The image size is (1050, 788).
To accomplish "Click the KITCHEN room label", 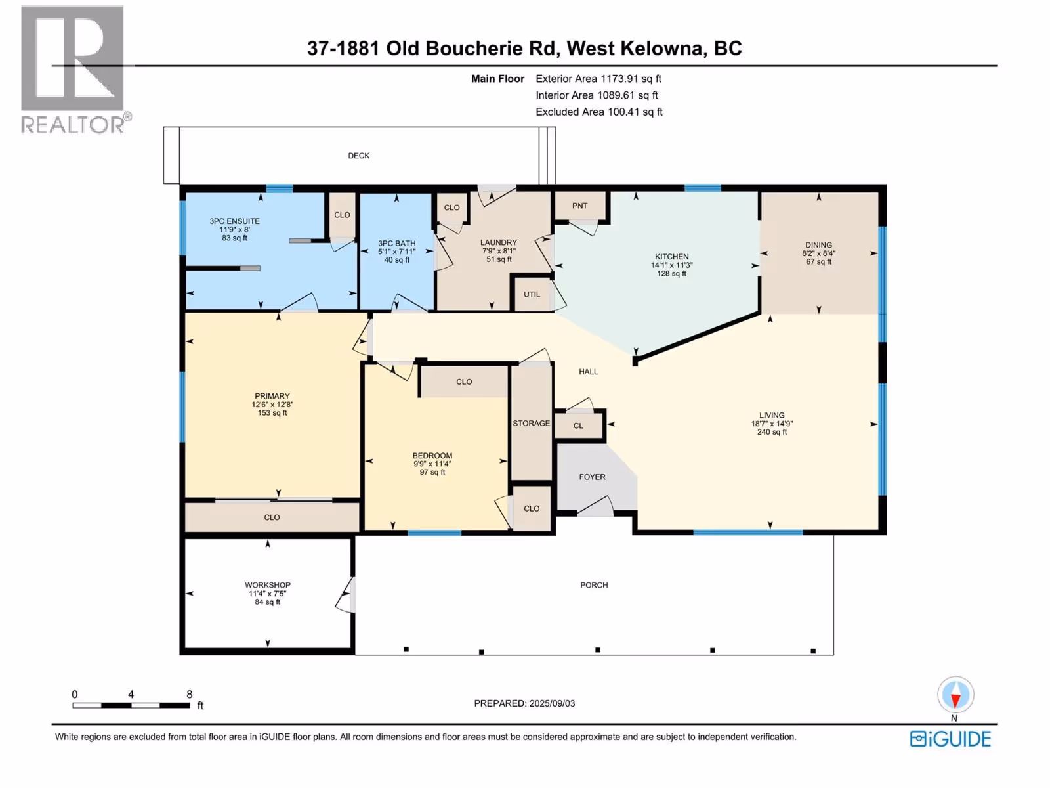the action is [x=671, y=257].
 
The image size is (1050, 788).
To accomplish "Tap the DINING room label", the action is [x=818, y=245].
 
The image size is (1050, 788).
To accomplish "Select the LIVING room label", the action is [x=772, y=415].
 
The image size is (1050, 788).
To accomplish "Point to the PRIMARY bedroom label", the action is [x=272, y=396].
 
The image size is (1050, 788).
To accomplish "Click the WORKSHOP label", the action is [x=268, y=585].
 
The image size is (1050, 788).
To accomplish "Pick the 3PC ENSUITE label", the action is [x=234, y=221].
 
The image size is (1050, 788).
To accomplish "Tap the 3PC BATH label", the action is [x=397, y=244].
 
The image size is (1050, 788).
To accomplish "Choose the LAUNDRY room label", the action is [x=499, y=242].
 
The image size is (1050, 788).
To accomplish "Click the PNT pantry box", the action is [x=579, y=206].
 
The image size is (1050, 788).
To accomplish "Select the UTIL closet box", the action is [x=532, y=294].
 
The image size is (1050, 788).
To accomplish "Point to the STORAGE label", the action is [x=531, y=424].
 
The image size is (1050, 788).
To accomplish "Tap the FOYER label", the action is [x=592, y=477].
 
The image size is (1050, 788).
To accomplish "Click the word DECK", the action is [x=359, y=156].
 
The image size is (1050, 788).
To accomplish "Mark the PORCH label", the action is [x=594, y=585].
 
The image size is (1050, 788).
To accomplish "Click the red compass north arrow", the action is [x=955, y=697].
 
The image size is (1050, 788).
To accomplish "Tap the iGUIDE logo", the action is [x=950, y=739].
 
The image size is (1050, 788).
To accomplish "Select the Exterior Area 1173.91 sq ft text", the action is [x=598, y=79].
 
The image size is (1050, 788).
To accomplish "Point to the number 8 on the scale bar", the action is [x=189, y=694].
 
